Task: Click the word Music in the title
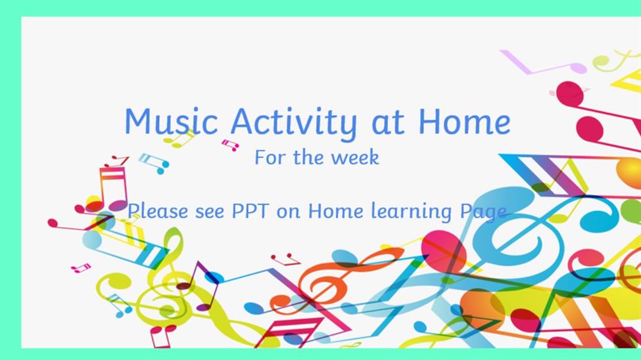pos(171,122)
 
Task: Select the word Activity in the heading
pos(293,123)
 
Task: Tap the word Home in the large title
pos(464,122)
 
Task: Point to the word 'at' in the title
pos(388,123)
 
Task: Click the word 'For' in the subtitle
pos(270,157)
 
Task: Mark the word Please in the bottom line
pos(158,212)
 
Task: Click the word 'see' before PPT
pos(210,212)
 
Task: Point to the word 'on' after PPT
pos(288,212)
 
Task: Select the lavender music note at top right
pos(544,63)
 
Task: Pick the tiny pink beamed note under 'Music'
pos(231,145)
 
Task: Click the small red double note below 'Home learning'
pos(286,259)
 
